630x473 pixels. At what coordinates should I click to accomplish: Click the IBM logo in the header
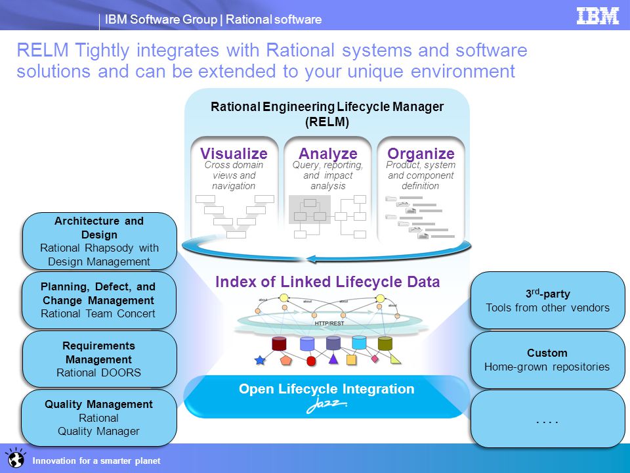(597, 16)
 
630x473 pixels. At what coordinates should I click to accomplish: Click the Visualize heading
(234, 154)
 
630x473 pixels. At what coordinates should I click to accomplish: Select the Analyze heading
(328, 154)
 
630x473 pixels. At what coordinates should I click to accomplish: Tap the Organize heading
(421, 154)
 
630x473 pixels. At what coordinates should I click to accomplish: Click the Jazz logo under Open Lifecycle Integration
(327, 406)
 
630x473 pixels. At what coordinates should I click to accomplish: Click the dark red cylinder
(280, 343)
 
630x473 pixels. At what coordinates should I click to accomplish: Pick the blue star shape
(260, 360)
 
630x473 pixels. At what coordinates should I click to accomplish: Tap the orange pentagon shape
(285, 360)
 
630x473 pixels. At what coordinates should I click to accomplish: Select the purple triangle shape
(333, 359)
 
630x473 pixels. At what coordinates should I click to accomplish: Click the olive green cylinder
(385, 343)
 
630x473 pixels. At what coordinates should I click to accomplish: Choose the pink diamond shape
(375, 359)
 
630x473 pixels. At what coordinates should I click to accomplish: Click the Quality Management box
(98, 418)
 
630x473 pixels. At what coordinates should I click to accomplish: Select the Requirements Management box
(98, 359)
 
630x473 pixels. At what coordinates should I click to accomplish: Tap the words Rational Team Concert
(98, 313)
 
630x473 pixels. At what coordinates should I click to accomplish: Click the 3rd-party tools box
(547, 300)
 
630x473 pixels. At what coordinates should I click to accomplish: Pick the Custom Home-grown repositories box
(547, 359)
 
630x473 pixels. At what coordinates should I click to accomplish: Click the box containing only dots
(547, 418)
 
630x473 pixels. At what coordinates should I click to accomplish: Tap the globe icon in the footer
(14, 459)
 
